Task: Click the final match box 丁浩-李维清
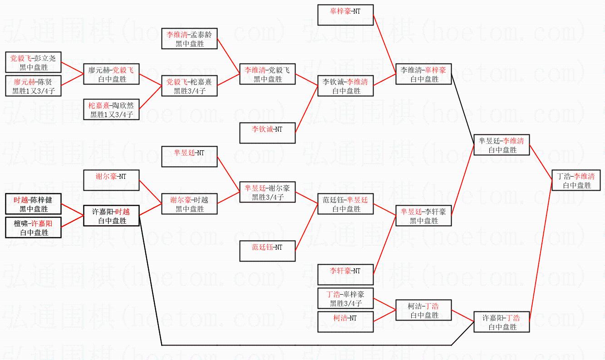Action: (575, 180)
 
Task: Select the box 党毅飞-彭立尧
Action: (33, 63)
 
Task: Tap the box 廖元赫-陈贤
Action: (33, 86)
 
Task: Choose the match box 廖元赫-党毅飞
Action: (111, 74)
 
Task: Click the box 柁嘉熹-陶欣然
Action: (111, 109)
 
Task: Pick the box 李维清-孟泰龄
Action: (189, 39)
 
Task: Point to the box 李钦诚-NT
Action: (267, 133)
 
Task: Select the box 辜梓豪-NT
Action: (345, 15)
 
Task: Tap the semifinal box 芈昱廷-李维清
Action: (501, 145)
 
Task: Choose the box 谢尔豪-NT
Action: (111, 180)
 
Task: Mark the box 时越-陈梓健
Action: (33, 204)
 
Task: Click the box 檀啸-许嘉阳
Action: (33, 227)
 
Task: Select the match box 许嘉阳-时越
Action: (111, 216)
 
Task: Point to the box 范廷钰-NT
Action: (267, 251)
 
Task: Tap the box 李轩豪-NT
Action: (345, 275)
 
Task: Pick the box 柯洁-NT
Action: (345, 322)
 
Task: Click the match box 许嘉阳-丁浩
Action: (501, 322)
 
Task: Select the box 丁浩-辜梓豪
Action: (345, 298)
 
